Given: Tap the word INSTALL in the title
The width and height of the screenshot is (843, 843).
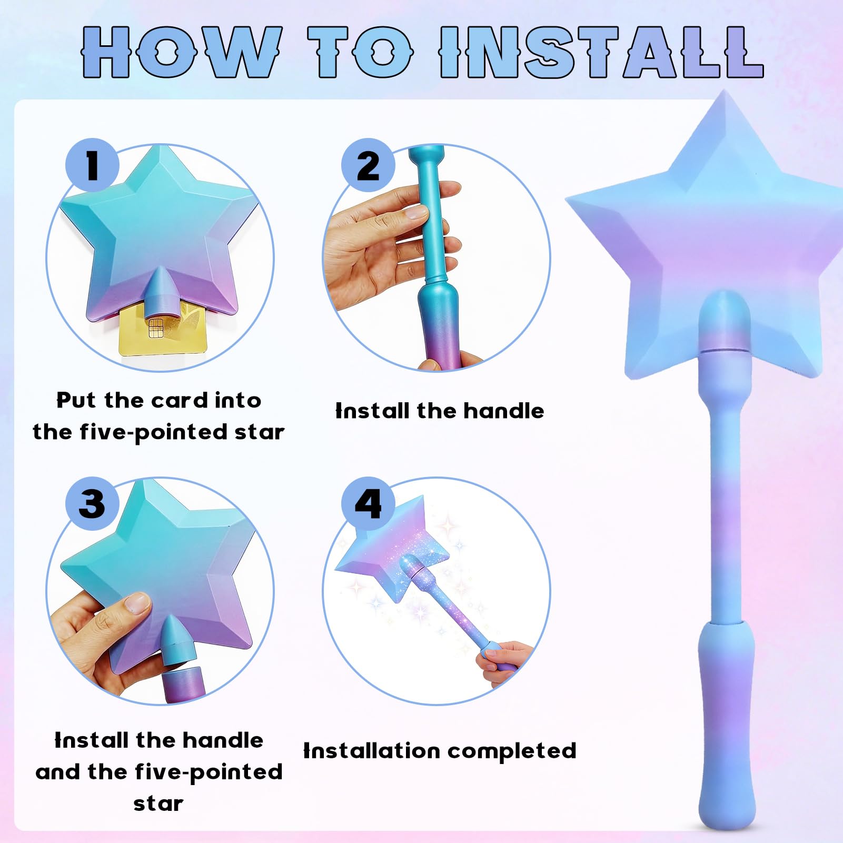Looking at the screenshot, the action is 601,52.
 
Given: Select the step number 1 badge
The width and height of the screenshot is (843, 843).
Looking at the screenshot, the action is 92,165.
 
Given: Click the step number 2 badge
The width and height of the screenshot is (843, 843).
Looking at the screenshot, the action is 368,165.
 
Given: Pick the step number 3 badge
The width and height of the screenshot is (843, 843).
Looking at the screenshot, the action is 92,503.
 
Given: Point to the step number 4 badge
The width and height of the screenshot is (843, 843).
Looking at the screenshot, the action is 368,503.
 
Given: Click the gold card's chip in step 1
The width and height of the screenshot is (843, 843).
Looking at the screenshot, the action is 156,328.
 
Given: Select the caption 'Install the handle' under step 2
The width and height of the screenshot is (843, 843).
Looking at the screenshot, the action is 440,411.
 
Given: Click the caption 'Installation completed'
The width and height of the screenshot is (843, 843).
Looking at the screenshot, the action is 440,751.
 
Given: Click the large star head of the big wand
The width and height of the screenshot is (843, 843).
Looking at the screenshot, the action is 706,232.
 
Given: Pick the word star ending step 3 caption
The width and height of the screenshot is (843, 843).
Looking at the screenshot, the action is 158,804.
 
